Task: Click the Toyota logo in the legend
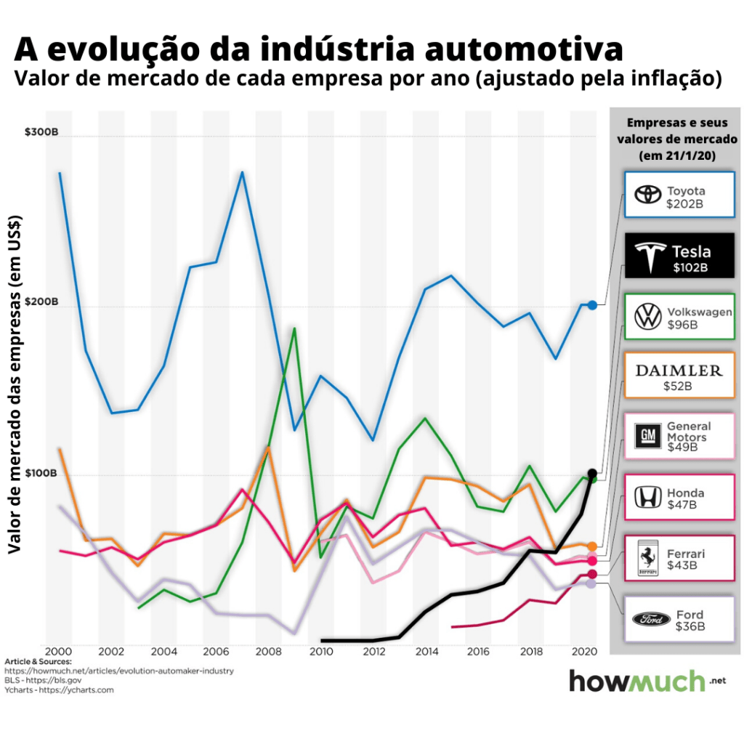(x=645, y=195)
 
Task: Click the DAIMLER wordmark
(x=679, y=371)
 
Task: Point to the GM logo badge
(x=648, y=436)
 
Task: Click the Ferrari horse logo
(x=647, y=558)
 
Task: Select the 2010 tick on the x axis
(x=320, y=651)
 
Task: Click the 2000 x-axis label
(x=58, y=651)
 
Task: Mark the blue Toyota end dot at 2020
(x=592, y=305)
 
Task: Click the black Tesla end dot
(x=592, y=474)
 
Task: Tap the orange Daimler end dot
(x=592, y=546)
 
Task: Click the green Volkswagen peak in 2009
(x=294, y=328)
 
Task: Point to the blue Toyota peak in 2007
(x=242, y=172)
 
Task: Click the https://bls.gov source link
(x=62, y=680)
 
